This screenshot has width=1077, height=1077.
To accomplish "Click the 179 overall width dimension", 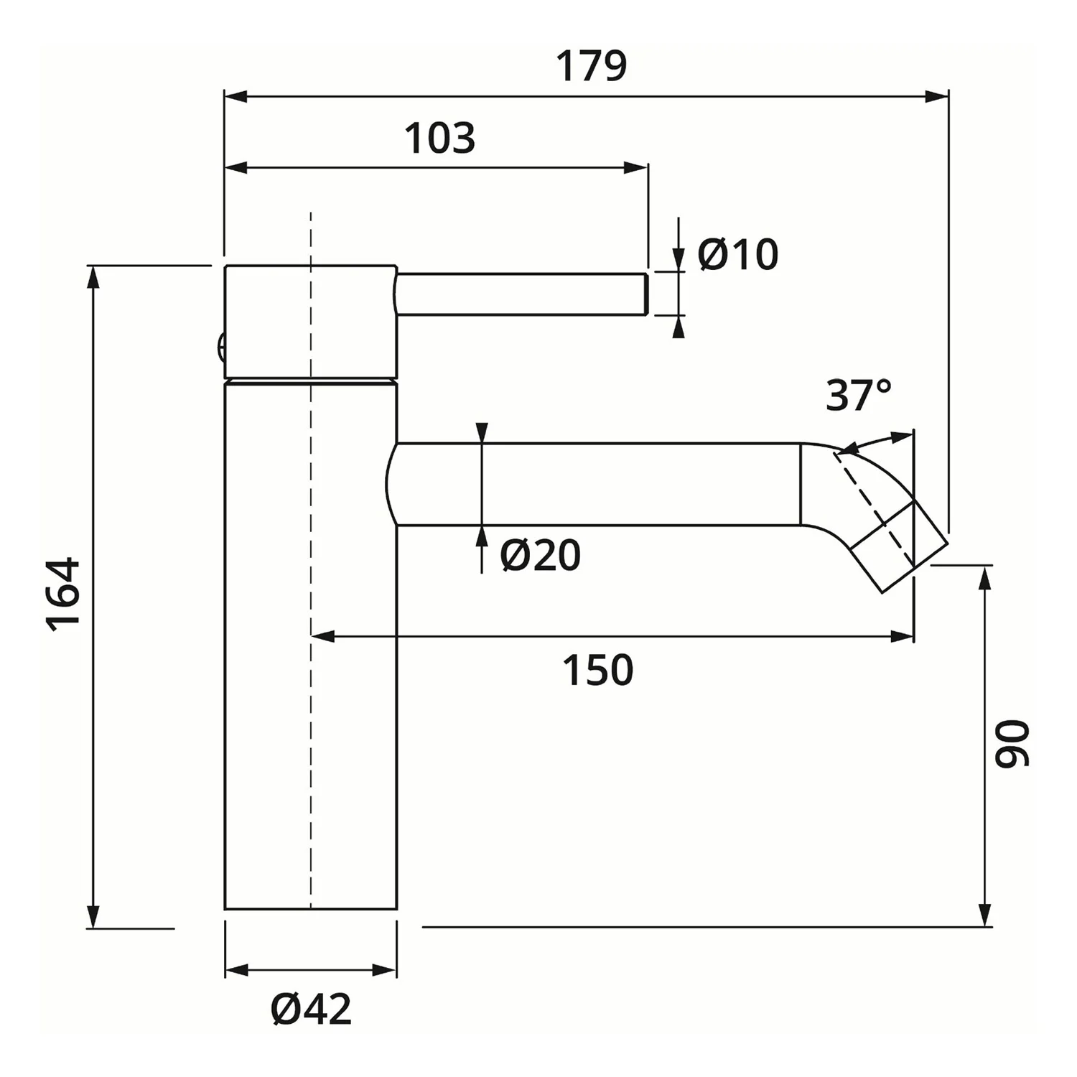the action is [x=592, y=66].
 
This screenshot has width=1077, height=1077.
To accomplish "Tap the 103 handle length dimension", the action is [x=439, y=138].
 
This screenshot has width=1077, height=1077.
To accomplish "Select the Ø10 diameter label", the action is [x=737, y=254].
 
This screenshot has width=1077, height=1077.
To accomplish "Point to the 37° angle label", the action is [x=859, y=394].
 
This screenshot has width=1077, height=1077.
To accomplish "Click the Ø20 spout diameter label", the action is [x=541, y=555].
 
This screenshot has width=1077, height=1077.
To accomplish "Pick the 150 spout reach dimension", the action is [x=597, y=670].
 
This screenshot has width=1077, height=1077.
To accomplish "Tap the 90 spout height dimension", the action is [x=1012, y=743].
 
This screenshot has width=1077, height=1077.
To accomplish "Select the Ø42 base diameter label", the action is [x=312, y=1009].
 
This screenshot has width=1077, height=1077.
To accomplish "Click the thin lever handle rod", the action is [x=523, y=294].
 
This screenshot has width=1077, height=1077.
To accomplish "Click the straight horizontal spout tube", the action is [x=597, y=485].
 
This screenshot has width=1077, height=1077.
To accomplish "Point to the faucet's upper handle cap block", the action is [x=310, y=321].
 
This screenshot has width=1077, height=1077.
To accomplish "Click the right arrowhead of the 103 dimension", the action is [x=636, y=168].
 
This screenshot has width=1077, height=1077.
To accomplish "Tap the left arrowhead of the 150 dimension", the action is [x=324, y=636].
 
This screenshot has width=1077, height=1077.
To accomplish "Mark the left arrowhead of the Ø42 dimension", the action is [x=238, y=971].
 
